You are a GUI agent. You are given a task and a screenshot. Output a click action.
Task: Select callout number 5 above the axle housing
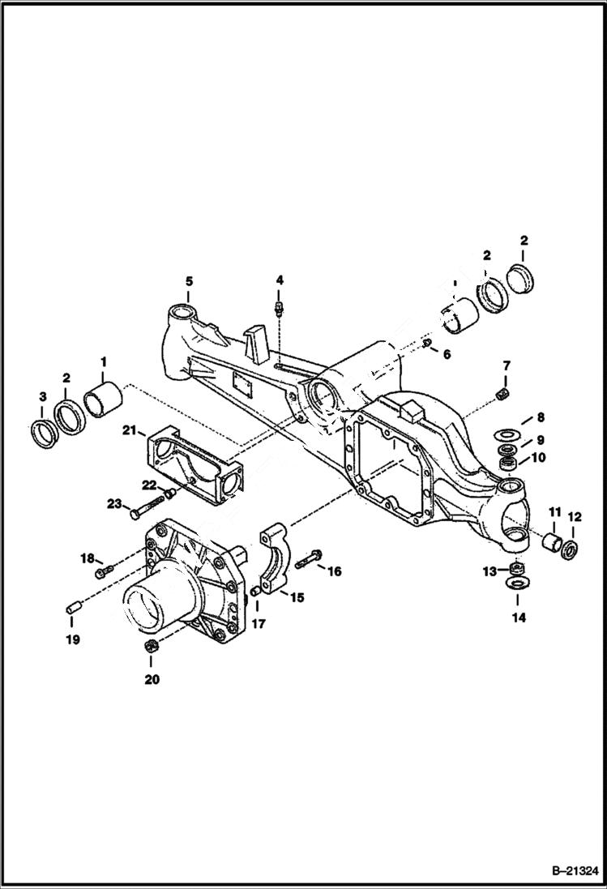[x=189, y=281]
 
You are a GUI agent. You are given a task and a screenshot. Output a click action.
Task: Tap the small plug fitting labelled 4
[x=280, y=307]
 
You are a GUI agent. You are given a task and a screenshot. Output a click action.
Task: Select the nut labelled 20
[x=150, y=646]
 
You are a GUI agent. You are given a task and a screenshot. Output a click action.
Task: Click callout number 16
[x=334, y=571]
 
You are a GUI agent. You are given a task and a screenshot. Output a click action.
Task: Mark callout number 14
[x=518, y=618]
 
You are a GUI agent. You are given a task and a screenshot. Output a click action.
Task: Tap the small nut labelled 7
[x=503, y=394]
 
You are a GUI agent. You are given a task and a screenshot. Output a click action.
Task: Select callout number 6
[x=447, y=353]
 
